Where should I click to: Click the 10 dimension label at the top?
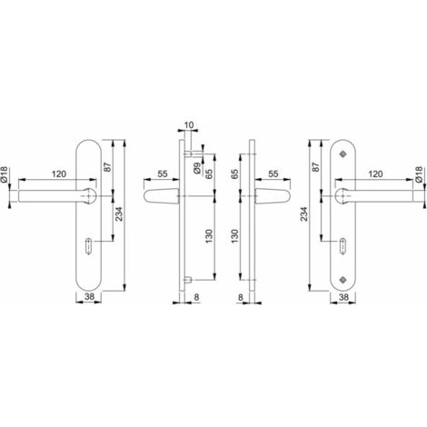[188, 125]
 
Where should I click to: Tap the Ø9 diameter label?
[197, 168]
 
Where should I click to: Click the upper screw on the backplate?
[343, 154]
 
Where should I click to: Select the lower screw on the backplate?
[343, 278]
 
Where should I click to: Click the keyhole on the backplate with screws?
[343, 246]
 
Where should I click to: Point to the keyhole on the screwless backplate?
[89, 246]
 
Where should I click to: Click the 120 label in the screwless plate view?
[59, 174]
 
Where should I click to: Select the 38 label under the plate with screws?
[343, 297]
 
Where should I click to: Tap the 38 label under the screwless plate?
[89, 297]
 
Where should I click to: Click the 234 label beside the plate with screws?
[303, 213]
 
